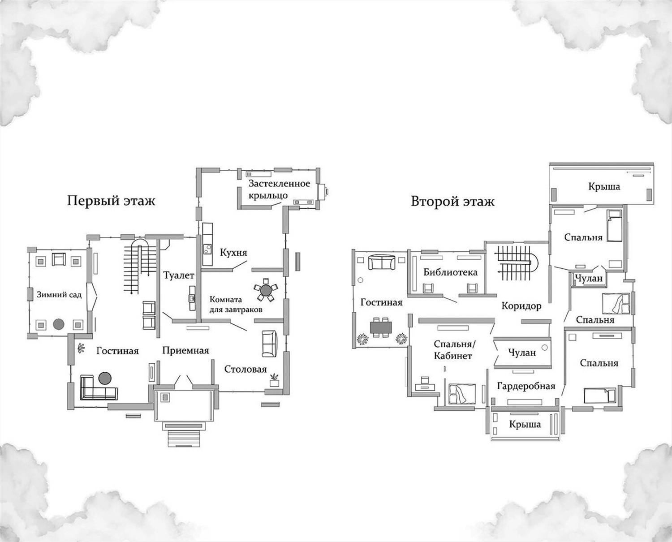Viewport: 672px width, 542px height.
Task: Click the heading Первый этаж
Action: click(x=111, y=201)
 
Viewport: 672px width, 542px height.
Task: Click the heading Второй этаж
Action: click(x=453, y=202)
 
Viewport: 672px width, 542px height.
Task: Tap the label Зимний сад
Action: click(x=59, y=295)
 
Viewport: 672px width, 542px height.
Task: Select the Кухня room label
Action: click(x=233, y=252)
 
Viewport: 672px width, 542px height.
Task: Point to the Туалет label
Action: click(x=179, y=275)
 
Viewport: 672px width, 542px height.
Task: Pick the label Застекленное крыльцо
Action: click(x=279, y=189)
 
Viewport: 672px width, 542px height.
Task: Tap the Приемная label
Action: click(x=185, y=350)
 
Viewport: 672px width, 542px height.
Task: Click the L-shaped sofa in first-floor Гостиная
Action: click(x=99, y=387)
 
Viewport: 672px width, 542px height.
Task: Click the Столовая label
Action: click(x=246, y=370)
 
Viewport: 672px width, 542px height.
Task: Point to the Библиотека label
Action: click(x=450, y=272)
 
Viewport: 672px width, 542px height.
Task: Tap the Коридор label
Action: click(x=521, y=305)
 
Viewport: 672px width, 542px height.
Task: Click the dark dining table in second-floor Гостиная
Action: click(x=381, y=327)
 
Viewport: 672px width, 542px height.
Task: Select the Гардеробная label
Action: click(x=526, y=386)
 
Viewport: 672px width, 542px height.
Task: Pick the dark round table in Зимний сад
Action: click(x=58, y=324)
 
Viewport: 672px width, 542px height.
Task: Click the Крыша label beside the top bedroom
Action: click(x=604, y=187)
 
